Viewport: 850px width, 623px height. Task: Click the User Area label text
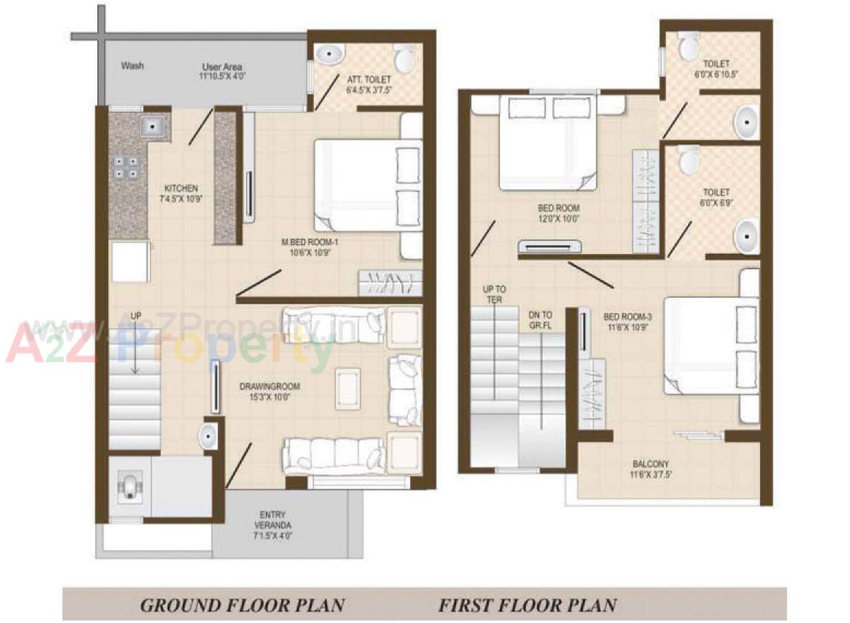(222, 67)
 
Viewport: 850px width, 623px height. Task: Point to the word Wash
(132, 66)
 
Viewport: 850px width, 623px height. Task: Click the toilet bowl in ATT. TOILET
(403, 58)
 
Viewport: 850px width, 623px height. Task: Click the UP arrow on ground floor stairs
(135, 345)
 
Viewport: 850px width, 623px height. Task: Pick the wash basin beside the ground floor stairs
(208, 436)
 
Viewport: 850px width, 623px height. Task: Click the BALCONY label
(651, 464)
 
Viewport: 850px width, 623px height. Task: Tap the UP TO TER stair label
(493, 294)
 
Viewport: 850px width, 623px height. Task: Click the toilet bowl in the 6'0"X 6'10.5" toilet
(689, 45)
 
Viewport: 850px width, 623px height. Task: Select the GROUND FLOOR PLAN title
(242, 605)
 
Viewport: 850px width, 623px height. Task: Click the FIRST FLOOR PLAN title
(527, 605)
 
